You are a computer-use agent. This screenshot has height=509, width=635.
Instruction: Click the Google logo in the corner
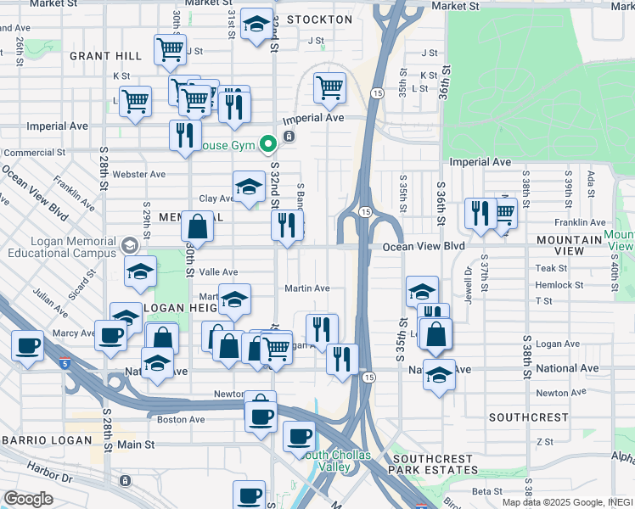[x=27, y=499]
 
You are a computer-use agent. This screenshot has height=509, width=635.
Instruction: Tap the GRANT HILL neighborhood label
[x=106, y=56]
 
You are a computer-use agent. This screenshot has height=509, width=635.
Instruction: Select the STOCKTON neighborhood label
[x=319, y=20]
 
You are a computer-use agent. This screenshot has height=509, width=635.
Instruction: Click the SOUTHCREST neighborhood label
[x=528, y=417]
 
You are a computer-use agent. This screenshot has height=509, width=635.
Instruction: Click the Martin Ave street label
[x=307, y=288]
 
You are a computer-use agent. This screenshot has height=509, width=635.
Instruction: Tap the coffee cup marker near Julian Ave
[x=28, y=346]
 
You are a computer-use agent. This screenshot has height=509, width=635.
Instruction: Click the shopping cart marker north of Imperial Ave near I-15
[x=329, y=87]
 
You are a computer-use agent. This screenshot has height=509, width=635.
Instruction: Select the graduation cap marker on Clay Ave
[x=249, y=187]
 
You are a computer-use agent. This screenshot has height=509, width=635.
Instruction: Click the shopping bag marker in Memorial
[x=197, y=227]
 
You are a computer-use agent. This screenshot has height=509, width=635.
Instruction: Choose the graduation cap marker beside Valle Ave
[x=140, y=271]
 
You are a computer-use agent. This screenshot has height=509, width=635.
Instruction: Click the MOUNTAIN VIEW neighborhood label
[x=569, y=241]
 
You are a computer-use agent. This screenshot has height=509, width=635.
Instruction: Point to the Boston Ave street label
[x=181, y=419]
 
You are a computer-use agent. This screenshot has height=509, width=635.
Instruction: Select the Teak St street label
[x=546, y=268]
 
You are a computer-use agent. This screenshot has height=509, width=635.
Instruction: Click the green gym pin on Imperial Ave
[x=268, y=144]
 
